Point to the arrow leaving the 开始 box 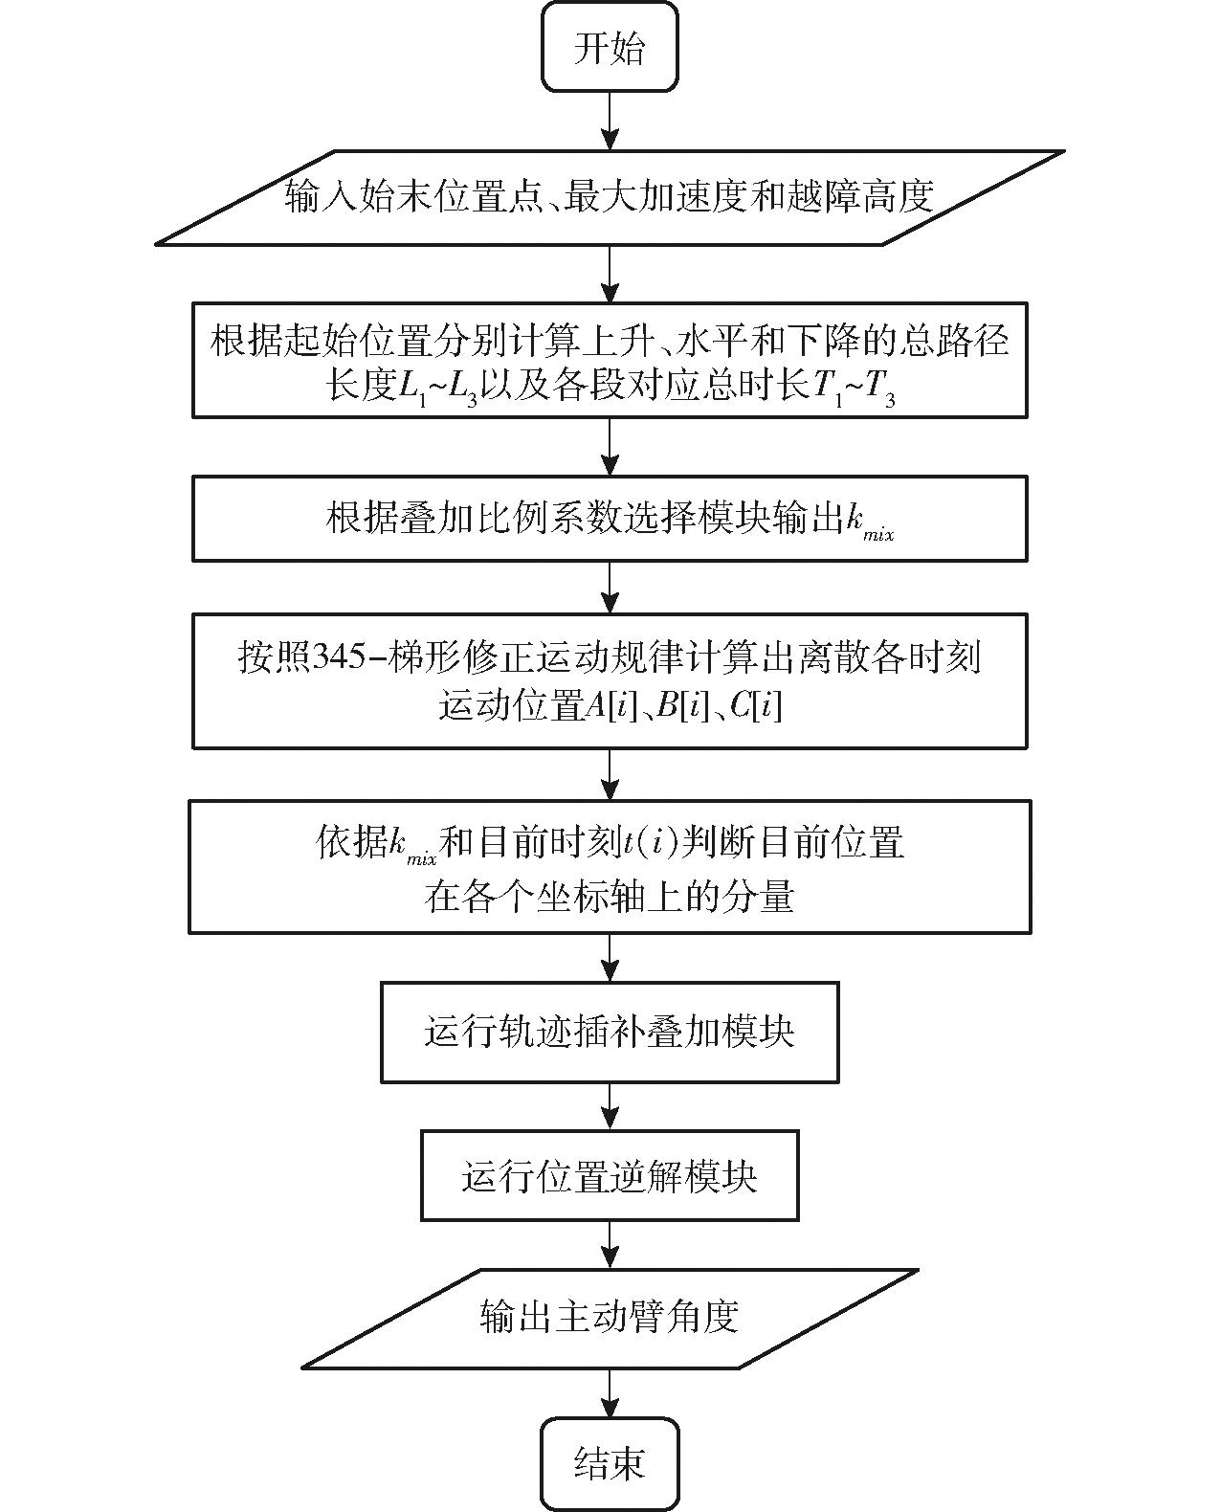pyautogui.click(x=610, y=121)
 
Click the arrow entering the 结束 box pyautogui.click(x=610, y=1393)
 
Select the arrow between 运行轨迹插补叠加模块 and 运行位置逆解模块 pyautogui.click(x=610, y=1107)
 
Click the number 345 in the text pyautogui.click(x=340, y=656)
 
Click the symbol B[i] pyautogui.click(x=683, y=706)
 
